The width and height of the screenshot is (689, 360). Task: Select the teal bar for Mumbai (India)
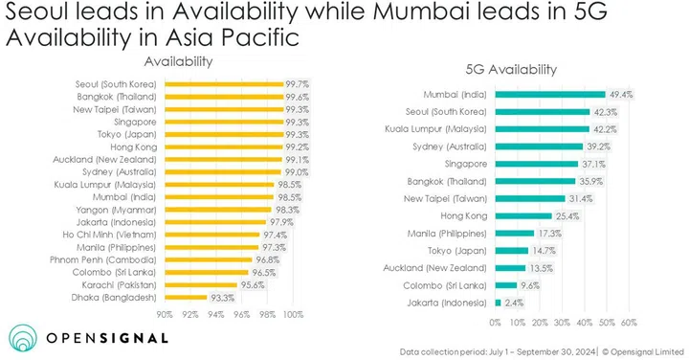550,94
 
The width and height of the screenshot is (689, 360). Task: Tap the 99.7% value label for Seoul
298,83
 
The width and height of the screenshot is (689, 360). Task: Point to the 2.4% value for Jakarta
515,302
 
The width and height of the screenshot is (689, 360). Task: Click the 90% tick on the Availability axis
165,313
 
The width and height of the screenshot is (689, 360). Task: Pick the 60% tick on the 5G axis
630,323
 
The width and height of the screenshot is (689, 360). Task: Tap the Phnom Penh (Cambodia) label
113,259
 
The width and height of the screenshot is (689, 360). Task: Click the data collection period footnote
547,351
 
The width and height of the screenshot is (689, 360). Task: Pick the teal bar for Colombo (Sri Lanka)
505,284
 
